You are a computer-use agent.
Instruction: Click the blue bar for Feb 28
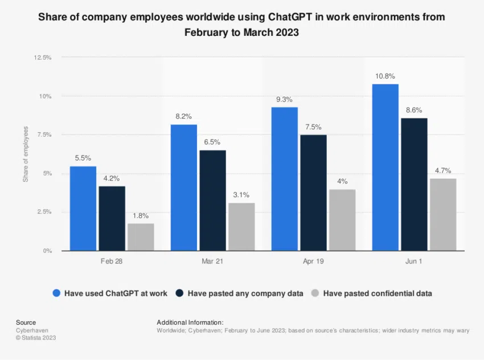(83, 208)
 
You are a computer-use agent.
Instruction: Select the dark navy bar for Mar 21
(212, 201)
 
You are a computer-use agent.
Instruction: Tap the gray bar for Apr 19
(342, 220)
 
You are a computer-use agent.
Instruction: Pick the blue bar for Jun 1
(385, 167)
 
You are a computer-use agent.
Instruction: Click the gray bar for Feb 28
(141, 237)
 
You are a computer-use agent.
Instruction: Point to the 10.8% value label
(385, 76)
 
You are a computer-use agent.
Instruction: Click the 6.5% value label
(212, 142)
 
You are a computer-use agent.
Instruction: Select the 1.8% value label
(141, 215)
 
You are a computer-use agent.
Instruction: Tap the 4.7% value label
(443, 170)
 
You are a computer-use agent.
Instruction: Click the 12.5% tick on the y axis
(43, 58)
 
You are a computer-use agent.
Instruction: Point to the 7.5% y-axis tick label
(45, 135)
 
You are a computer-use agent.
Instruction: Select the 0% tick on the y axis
(47, 251)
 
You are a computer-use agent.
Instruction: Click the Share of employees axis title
(26, 154)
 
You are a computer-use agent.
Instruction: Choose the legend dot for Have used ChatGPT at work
(56, 293)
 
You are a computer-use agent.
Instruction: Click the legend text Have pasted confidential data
(378, 293)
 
